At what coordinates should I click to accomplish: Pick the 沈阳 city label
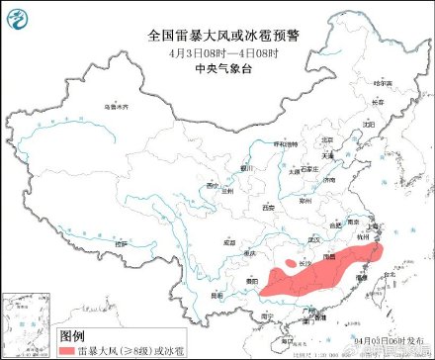tap(367, 125)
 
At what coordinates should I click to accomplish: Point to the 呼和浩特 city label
tap(285, 143)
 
